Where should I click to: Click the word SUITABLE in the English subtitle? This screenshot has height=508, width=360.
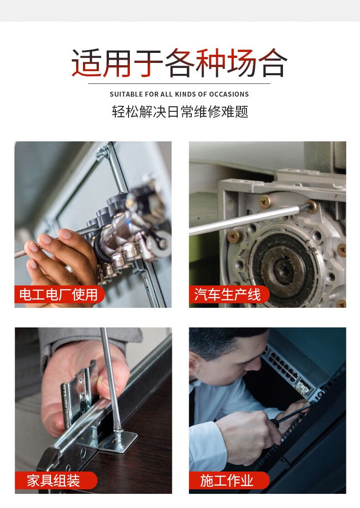pos(126,94)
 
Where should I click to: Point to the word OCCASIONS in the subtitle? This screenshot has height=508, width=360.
pos(229,94)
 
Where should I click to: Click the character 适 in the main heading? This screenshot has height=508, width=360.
pos(86,63)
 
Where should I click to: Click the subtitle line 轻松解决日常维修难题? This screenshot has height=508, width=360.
pos(180,112)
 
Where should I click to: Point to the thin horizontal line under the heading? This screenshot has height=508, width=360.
pos(180,83)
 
